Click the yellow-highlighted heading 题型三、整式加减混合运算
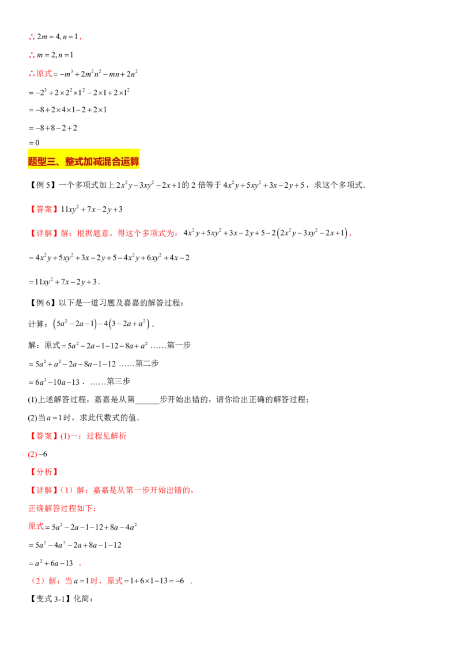pos(84,161)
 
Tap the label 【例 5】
pos(42,185)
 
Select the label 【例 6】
pos(42,303)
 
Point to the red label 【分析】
pos(44,472)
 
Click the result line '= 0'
pos(34,143)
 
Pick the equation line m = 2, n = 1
pos(51,55)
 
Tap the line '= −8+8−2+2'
pos(53,128)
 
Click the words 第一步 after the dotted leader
pos(179,345)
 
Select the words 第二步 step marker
pos(148,363)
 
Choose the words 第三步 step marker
pos(119,381)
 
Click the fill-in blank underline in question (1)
pos(148,403)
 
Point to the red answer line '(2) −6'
pos(37,454)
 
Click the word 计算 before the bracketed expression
pos(36,324)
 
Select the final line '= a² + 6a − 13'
pos(51,563)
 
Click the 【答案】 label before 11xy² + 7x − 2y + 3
pos(44,209)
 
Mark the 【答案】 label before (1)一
pos(44,436)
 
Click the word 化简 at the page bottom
pos(82,599)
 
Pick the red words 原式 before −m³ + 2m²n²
pos(44,74)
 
